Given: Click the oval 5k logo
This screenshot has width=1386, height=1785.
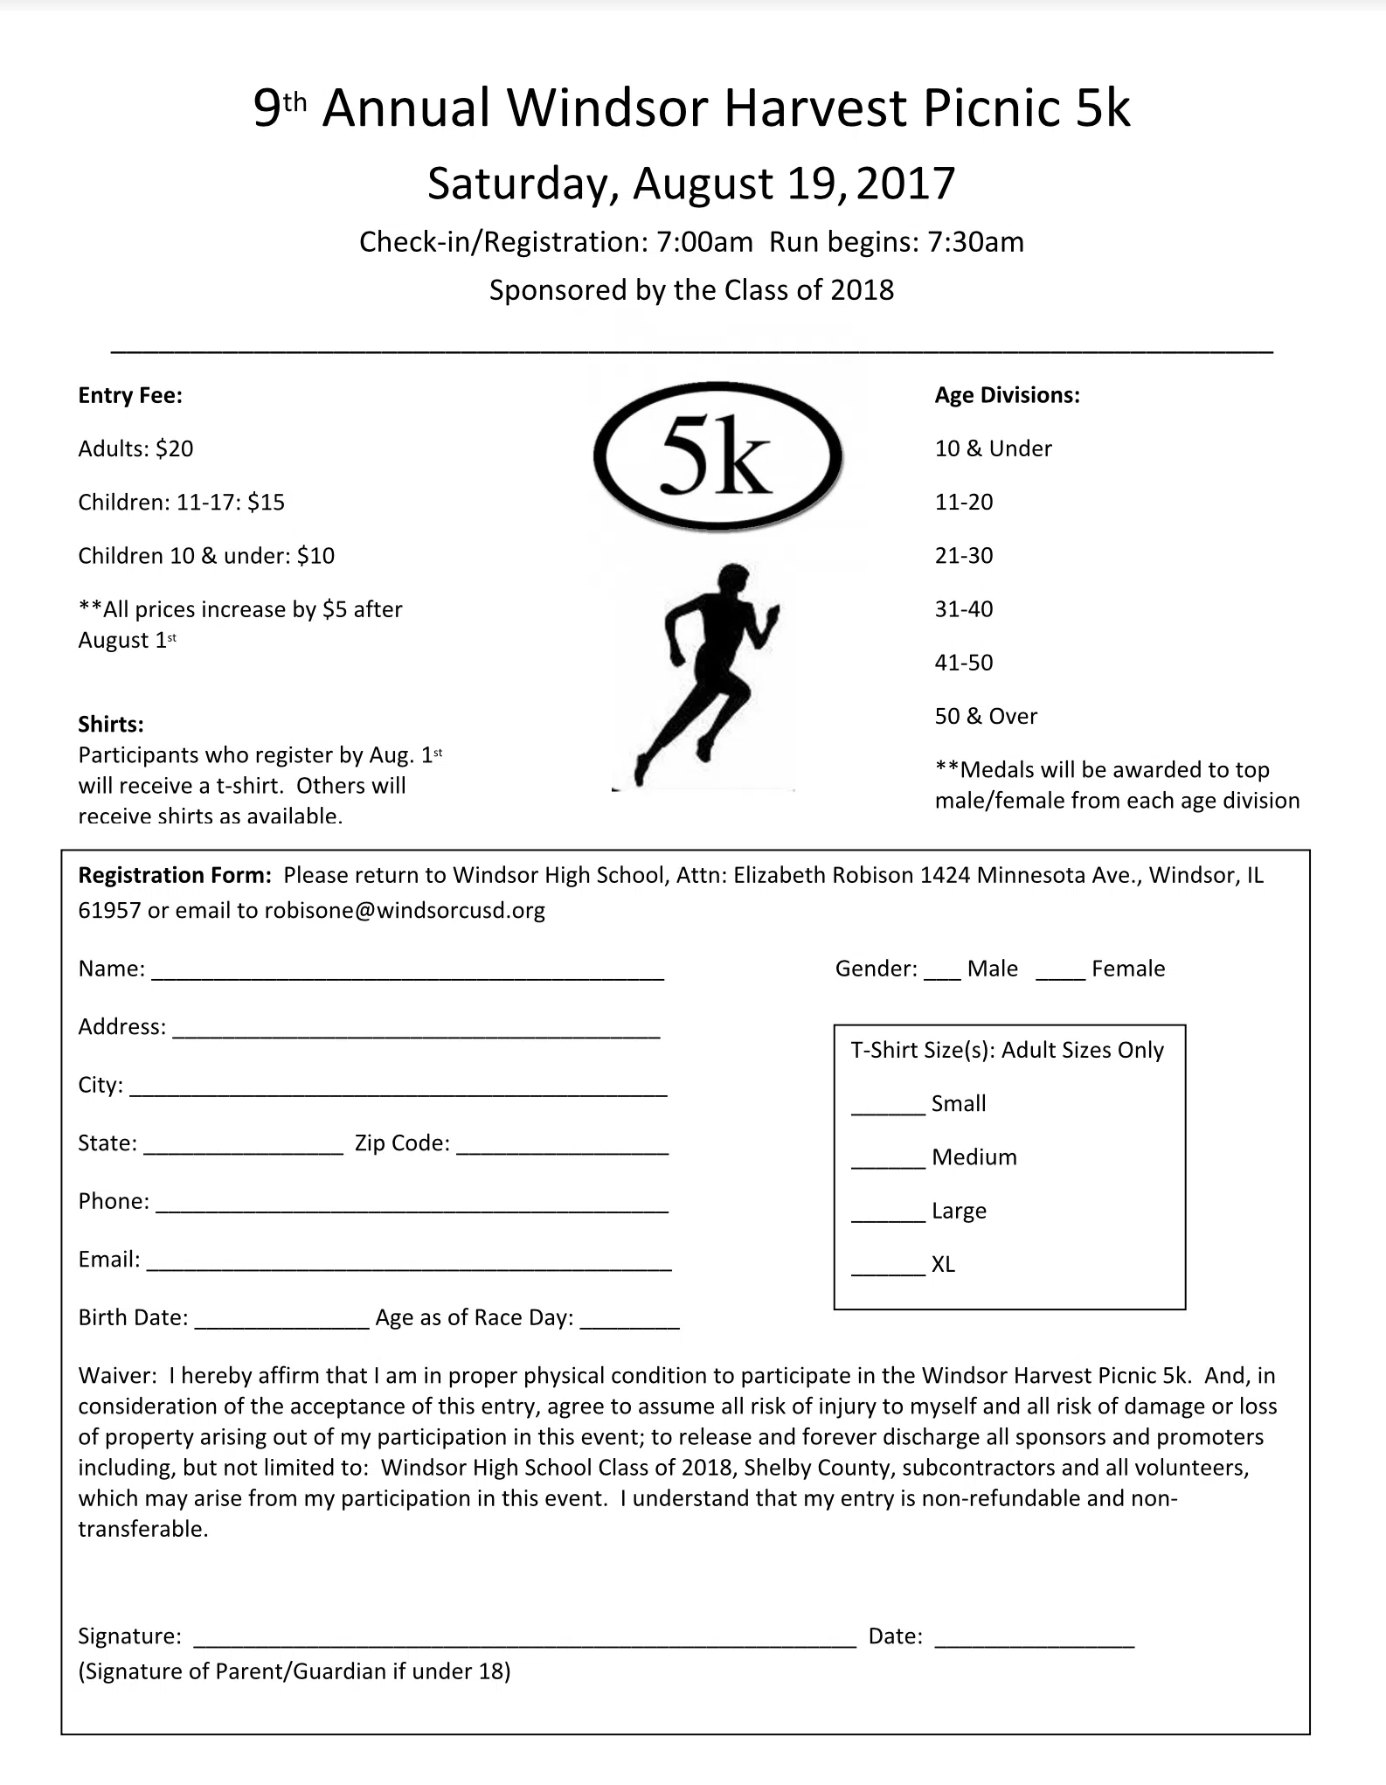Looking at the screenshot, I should pyautogui.click(x=717, y=456).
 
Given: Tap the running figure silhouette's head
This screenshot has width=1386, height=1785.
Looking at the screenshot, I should pyautogui.click(x=732, y=581).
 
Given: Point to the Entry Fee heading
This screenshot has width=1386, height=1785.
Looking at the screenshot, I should pyautogui.click(x=130, y=396).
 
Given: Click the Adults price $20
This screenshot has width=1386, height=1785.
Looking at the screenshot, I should pyautogui.click(x=175, y=449).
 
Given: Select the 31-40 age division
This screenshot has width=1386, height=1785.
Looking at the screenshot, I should pyautogui.click(x=964, y=609).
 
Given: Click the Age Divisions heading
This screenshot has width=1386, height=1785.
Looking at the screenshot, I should pyautogui.click(x=1007, y=395).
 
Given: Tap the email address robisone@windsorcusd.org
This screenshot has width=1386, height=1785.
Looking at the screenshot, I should pyautogui.click(x=405, y=911).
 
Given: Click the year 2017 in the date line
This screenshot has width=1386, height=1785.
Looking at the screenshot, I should pyautogui.click(x=906, y=184).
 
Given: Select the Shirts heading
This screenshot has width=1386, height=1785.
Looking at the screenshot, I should pyautogui.click(x=111, y=725).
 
